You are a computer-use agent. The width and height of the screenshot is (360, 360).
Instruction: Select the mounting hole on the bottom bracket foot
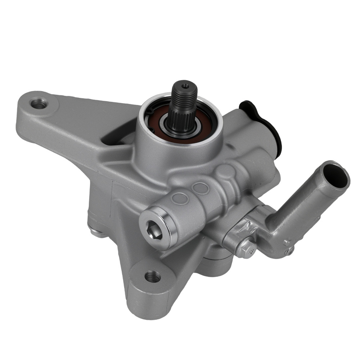(153, 276)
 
